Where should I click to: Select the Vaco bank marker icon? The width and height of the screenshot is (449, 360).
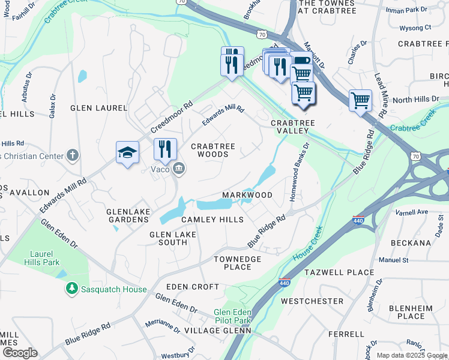tap(179, 169)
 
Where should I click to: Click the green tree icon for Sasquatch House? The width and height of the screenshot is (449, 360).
tap(72, 289)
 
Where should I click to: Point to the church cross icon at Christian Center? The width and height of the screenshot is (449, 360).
tap(72, 155)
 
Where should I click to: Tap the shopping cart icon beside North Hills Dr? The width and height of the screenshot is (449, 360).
tap(360, 100)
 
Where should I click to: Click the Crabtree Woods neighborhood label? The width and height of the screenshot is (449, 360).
tap(209, 150)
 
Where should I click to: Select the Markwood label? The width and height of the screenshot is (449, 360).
tap(247, 195)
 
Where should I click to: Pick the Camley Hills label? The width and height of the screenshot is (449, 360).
tap(212, 220)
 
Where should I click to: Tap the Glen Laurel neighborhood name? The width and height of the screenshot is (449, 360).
tap(99, 108)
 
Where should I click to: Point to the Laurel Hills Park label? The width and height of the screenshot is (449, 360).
tap(43, 258)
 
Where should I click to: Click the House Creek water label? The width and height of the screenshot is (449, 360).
tap(308, 243)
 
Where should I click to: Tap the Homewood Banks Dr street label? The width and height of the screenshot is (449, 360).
tap(299, 171)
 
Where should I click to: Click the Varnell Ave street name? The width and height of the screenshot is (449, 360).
tap(411, 212)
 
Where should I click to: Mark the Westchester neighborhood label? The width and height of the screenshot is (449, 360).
tap(312, 301)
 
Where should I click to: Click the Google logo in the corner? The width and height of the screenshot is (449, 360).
tap(19, 353)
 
